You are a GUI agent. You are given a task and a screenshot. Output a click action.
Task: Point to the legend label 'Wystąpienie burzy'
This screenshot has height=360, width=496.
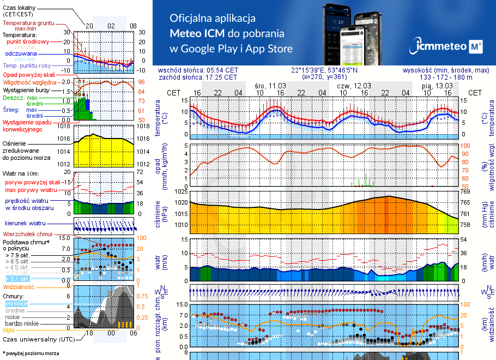pos(25,89)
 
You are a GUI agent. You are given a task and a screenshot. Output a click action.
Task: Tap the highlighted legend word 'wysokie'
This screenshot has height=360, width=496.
pos(16,303)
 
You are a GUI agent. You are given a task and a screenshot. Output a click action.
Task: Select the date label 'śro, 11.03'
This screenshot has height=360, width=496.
pos(270,86)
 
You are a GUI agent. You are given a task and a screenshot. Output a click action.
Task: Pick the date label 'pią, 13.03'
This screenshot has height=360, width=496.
pos(438,86)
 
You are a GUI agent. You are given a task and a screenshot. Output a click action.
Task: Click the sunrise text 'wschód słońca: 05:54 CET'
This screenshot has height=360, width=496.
pos(198,70)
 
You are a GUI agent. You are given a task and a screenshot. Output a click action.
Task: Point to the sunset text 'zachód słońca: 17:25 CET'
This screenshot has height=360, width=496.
pos(197,77)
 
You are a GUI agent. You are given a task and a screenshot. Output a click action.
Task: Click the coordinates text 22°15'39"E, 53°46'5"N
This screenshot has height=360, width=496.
pos(324,70)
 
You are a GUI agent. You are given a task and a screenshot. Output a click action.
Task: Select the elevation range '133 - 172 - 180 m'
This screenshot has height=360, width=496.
pos(446,77)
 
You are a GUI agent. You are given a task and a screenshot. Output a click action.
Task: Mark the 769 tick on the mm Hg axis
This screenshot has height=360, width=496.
pos(465,192)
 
